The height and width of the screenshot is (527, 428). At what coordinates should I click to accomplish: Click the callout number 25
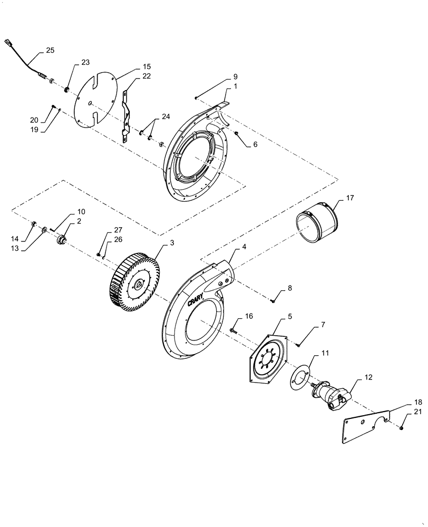tap(50, 51)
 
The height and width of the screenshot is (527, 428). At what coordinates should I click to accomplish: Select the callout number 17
tap(351, 198)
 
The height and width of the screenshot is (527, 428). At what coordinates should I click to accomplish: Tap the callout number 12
tap(368, 378)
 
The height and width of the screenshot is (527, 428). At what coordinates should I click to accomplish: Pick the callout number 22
tap(147, 77)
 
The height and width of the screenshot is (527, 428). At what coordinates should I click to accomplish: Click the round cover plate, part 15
tap(95, 98)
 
